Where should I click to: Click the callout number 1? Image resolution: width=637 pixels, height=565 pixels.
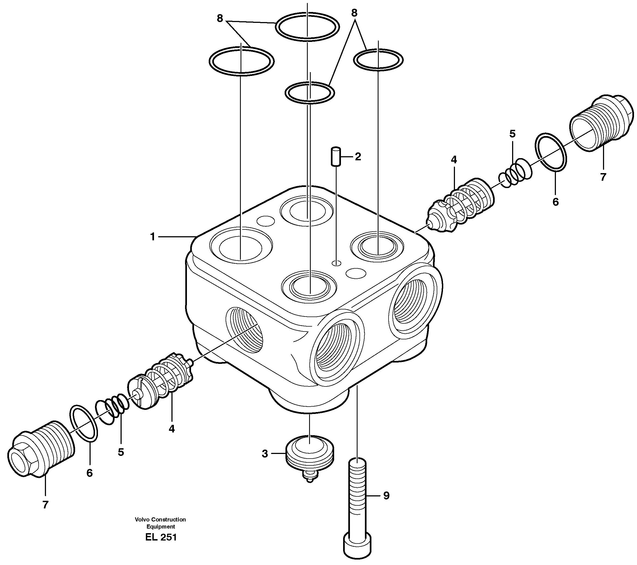pos(152,237)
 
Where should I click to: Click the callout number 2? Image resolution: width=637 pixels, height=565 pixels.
pos(358,156)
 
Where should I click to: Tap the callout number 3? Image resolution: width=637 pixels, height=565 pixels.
pos(264,454)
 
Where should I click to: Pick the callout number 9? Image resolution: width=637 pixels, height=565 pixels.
pos(386,496)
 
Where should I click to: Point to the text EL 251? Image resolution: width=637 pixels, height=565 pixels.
pos(161,537)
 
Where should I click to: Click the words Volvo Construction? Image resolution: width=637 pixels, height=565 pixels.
pos(160,520)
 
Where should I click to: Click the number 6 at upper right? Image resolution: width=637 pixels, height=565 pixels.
pos(556,202)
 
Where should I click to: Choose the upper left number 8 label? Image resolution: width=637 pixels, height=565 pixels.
pos(220,19)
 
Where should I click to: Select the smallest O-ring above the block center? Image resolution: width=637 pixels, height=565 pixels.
pos(309,92)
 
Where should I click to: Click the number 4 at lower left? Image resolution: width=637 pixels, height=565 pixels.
pos(172,429)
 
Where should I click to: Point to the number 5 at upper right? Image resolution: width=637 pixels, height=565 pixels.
pos(512,134)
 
